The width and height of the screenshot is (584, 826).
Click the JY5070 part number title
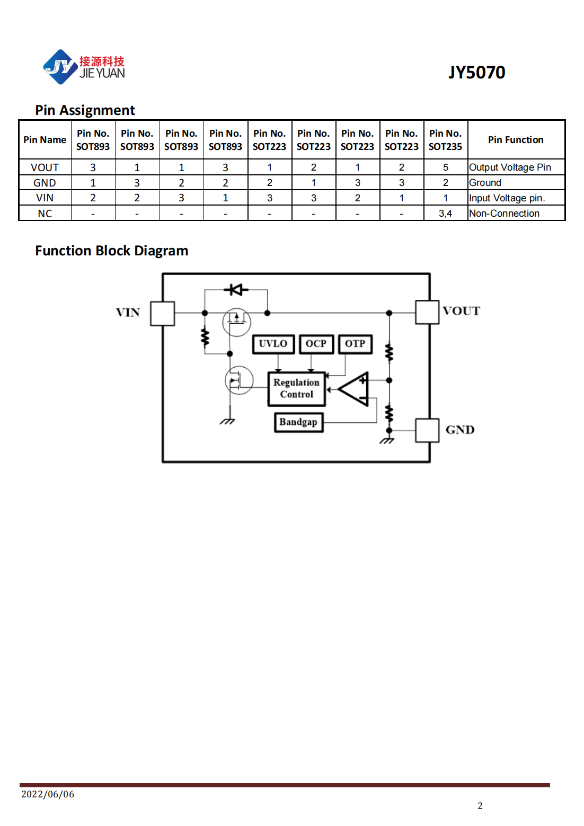(x=476, y=72)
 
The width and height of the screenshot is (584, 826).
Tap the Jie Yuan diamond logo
(x=60, y=67)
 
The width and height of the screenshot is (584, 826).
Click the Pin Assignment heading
(x=85, y=110)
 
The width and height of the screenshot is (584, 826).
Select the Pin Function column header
(x=516, y=140)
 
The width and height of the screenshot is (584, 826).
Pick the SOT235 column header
(x=445, y=140)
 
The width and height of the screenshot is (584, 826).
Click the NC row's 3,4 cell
(x=445, y=214)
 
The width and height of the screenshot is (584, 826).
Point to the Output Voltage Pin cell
(x=510, y=167)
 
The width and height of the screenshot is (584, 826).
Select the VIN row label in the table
(x=45, y=198)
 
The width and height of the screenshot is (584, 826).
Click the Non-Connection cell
(x=504, y=214)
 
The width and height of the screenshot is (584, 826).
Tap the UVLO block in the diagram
(x=273, y=344)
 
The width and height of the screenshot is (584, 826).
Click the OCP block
(x=316, y=344)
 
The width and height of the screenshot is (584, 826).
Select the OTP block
(x=355, y=344)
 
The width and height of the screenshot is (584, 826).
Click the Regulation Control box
(x=296, y=389)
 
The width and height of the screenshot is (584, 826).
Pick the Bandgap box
(x=298, y=422)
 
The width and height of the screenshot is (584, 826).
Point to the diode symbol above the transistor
(x=236, y=290)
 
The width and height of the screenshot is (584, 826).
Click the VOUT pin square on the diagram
(x=427, y=312)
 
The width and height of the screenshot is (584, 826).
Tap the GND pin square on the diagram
(x=427, y=430)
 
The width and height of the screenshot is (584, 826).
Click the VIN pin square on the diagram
(x=162, y=314)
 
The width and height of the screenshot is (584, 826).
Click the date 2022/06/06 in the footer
(x=48, y=794)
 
